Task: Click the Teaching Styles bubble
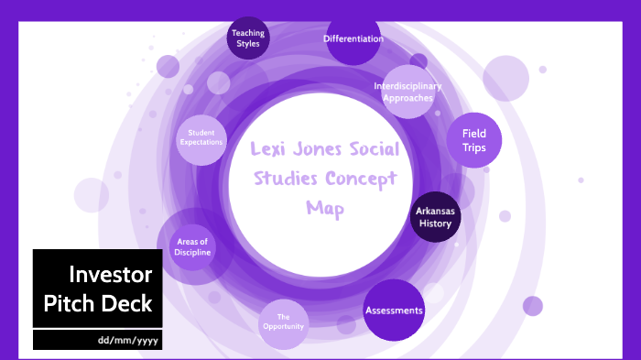246,38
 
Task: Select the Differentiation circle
353,39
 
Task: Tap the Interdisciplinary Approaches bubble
407,92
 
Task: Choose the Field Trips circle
474,139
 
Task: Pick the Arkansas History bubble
436,217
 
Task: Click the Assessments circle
394,311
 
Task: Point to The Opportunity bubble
284,322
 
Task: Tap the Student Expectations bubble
201,138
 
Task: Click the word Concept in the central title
363,179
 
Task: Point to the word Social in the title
375,151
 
